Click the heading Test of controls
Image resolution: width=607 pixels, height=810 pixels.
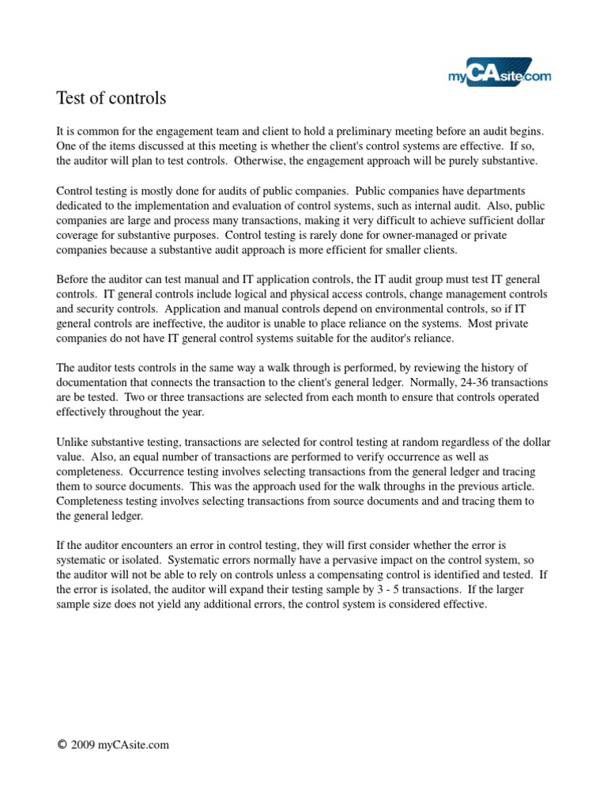[x=111, y=99]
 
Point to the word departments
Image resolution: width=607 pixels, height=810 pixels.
[x=511, y=191]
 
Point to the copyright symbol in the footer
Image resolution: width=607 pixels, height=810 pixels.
[x=62, y=745]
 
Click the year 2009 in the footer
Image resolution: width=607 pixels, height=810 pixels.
[x=84, y=745]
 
